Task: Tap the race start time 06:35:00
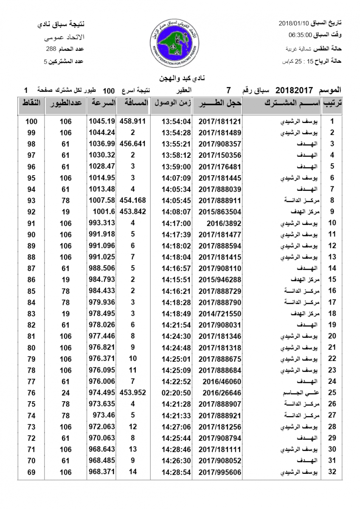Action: pos(301,35)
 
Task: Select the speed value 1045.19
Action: pos(102,121)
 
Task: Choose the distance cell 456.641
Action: pos(133,144)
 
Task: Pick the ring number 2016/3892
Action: pos(219,223)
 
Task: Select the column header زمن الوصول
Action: pos(172,103)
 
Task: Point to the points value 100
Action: pos(31,121)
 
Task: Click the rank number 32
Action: pos(333,472)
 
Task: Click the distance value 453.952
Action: pos(133,393)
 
